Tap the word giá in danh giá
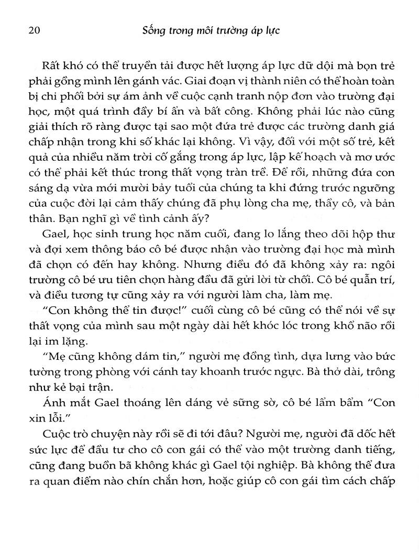click(384, 128)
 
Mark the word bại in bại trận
click(104, 392)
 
